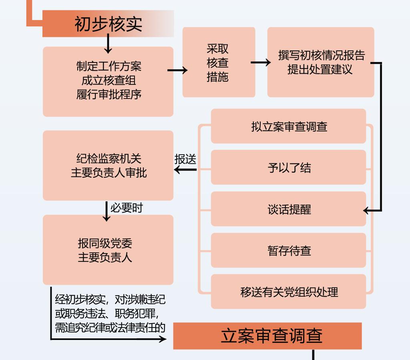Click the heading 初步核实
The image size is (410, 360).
[108, 24]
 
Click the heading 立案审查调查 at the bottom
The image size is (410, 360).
[271, 336]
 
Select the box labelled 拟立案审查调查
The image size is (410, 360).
[288, 126]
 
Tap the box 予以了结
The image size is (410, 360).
[288, 167]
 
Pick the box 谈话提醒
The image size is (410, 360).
[288, 209]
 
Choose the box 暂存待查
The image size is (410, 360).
[288, 250]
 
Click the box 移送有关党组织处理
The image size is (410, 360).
[288, 292]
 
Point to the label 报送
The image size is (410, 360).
[185, 159]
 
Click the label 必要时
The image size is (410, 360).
[127, 208]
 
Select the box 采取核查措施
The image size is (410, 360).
[219, 62]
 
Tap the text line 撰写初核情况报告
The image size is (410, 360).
[322, 55]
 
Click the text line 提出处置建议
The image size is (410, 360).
[320, 69]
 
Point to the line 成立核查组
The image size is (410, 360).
[109, 80]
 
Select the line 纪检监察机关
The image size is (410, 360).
[109, 159]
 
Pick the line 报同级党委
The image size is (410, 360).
[105, 243]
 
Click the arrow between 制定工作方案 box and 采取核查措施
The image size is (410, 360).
[177, 70]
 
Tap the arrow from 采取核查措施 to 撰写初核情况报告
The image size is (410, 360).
[261, 62]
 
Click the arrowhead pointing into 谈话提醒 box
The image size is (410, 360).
[366, 210]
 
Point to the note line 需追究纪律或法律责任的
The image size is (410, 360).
[110, 328]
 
